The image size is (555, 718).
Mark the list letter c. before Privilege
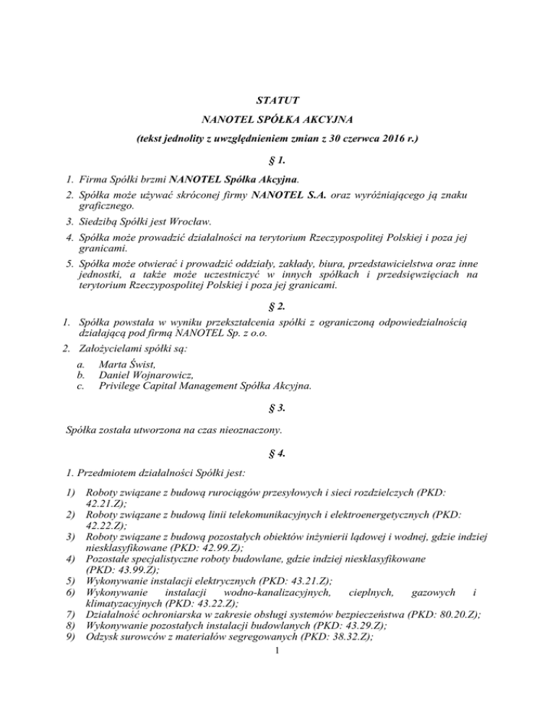pyautogui.click(x=79, y=386)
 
